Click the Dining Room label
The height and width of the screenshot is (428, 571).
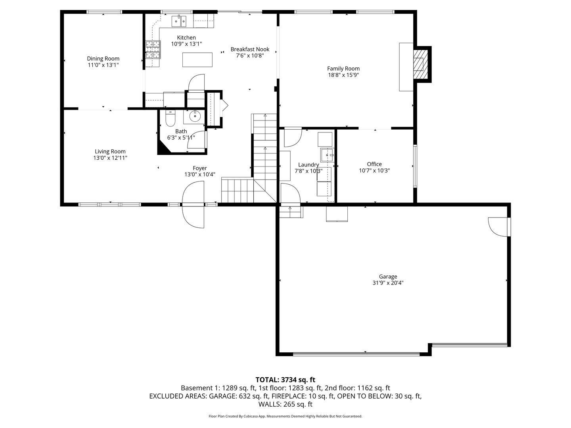tap(103, 59)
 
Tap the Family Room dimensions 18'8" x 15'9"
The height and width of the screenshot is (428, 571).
tap(343, 75)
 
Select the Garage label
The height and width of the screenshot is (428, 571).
tap(388, 277)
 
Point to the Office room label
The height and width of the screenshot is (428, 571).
tap(374, 164)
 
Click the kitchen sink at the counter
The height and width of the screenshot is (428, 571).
tap(179, 21)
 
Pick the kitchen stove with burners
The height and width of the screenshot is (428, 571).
tap(153, 50)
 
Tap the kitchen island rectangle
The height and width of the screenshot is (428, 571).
tap(197, 60)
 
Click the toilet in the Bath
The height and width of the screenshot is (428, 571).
tap(170, 117)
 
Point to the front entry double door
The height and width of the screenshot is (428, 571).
tap(193, 204)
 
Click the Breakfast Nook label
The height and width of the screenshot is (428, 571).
tap(250, 50)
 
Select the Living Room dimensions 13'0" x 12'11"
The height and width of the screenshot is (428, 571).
tap(110, 158)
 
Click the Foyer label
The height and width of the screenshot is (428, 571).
tap(200, 168)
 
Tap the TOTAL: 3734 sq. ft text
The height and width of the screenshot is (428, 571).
tap(285, 380)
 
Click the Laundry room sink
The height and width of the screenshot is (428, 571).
tap(327, 155)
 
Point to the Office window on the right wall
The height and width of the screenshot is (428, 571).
tap(415, 166)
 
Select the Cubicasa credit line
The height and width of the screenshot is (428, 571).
tap(285, 416)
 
